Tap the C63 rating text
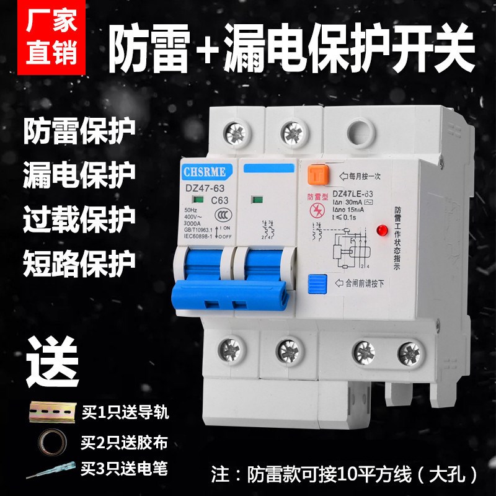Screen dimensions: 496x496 coord(220,200)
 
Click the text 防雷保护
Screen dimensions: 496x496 coord(79,131)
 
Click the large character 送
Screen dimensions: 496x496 coord(55,354)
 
